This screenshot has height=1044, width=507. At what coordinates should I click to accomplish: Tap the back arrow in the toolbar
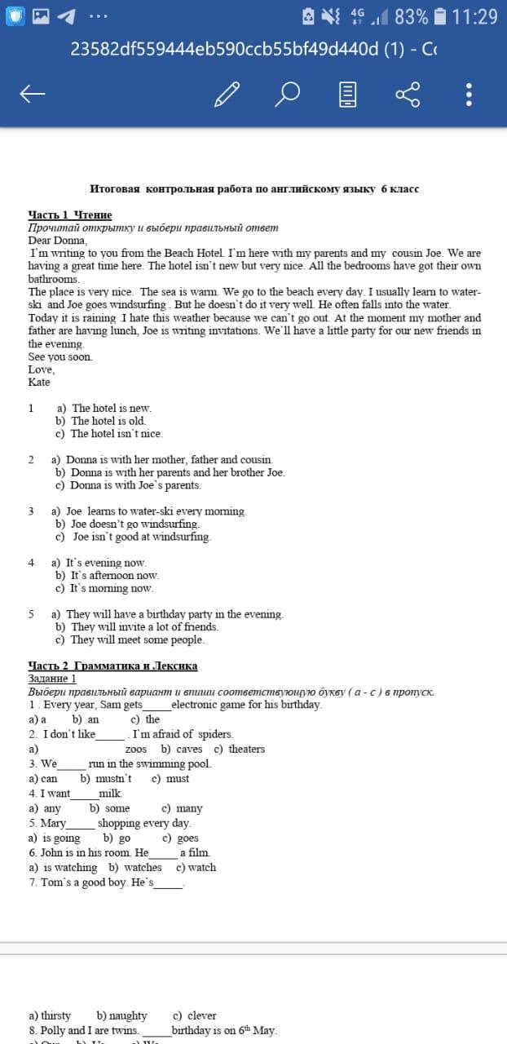coord(32,95)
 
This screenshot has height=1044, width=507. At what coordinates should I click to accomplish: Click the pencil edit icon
coord(227,95)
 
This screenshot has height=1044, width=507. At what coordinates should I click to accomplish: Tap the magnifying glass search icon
coord(287,95)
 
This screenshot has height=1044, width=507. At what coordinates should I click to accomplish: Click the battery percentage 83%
coord(411,16)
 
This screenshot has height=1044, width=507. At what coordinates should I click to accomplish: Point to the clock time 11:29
coord(474,16)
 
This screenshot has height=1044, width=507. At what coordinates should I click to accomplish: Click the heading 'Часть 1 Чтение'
coord(70,215)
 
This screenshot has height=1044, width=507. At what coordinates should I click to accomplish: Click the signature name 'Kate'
coord(39,382)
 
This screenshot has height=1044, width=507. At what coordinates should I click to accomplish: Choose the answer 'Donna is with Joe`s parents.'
coord(134,485)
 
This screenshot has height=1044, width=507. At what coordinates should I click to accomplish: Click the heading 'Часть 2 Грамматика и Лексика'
coord(112,666)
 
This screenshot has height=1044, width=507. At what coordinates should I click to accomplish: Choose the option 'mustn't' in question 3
coord(112,778)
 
